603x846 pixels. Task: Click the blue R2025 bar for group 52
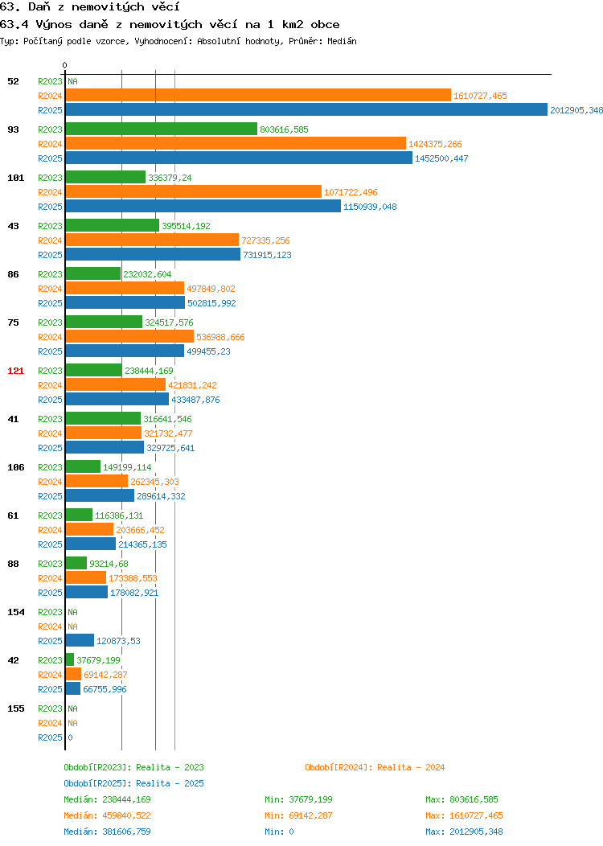(306, 109)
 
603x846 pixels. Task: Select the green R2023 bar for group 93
(162, 129)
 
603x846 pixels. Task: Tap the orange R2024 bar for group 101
(194, 191)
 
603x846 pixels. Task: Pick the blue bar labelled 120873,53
(80, 640)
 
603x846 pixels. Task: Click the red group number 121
(15, 371)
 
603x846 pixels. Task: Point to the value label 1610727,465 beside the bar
(480, 96)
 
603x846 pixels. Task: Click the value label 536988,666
(220, 337)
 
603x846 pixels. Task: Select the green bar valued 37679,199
(70, 659)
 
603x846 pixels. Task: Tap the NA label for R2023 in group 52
(73, 81)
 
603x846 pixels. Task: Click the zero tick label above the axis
(65, 65)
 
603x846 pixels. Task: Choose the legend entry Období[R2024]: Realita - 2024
(375, 767)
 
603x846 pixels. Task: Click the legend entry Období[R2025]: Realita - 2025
(133, 783)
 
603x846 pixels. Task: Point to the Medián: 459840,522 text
(107, 815)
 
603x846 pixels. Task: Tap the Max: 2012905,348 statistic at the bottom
(464, 832)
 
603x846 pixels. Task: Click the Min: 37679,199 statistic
(298, 799)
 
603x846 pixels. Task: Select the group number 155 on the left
(15, 708)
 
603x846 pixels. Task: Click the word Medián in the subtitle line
(342, 41)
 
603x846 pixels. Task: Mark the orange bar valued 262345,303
(96, 481)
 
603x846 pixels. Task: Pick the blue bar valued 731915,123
(154, 254)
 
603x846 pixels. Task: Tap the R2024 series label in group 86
(50, 289)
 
